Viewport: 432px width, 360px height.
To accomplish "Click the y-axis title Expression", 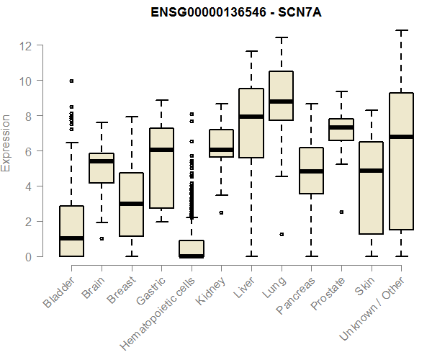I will [x=6, y=143].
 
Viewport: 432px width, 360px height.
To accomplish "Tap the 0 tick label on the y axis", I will [x=29, y=256].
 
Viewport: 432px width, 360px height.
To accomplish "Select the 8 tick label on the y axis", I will [x=29, y=116].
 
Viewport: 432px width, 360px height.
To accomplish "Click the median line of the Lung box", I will [x=281, y=102].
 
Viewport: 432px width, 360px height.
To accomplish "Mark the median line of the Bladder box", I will [x=71, y=238].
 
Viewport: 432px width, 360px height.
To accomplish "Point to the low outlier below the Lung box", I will [x=281, y=234].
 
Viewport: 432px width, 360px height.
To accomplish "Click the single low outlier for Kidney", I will [x=221, y=212].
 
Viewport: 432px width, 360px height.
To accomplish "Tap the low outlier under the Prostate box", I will [x=341, y=212].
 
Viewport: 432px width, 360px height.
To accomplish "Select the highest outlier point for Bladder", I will [x=71, y=81].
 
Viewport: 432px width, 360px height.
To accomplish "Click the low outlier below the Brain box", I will [x=102, y=238].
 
